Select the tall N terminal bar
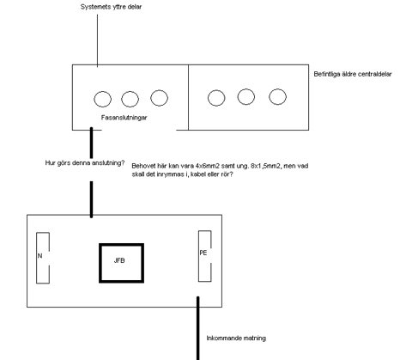[x=37, y=258]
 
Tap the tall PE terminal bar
[x=199, y=256]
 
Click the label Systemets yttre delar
[x=111, y=7]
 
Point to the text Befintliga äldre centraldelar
[x=353, y=74]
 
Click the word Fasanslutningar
[x=124, y=118]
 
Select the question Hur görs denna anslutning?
[x=85, y=163]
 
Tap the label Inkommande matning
[x=236, y=339]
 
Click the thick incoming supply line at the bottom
[x=197, y=328]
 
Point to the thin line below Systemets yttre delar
[x=97, y=40]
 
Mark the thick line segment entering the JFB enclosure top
[x=91, y=199]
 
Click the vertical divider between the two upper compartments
[x=188, y=97]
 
